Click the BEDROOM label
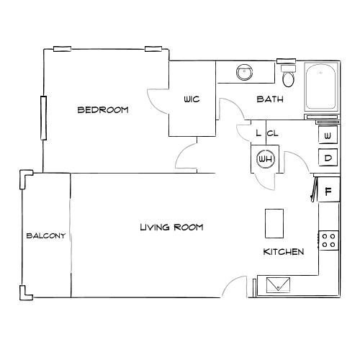103,110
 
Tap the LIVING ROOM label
171,227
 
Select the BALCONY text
46,235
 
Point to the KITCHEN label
283,252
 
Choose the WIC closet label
191,99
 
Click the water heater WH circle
264,158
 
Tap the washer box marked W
328,135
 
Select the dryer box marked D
328,158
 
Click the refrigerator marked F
328,191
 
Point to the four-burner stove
329,240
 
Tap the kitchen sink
277,285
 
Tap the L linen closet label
258,133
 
